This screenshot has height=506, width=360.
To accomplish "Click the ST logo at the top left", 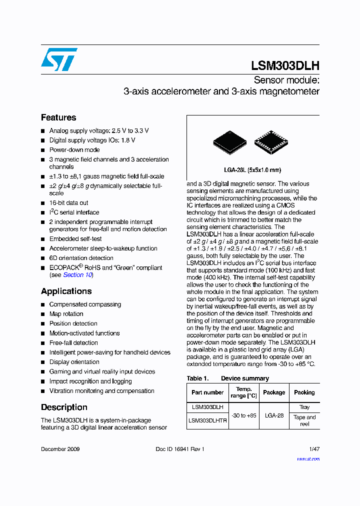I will point(59,59).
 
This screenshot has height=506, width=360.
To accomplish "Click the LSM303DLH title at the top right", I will point(285,65).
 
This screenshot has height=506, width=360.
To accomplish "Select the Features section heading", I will point(58,117).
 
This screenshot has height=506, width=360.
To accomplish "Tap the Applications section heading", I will point(66,291).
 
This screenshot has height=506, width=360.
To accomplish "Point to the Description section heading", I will point(64,407).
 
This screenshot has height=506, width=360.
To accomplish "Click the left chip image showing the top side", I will point(229,141).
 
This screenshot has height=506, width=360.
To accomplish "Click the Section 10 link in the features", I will point(77,275).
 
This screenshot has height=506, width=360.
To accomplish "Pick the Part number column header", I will point(207,392).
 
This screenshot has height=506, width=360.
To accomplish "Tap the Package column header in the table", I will point(274,392).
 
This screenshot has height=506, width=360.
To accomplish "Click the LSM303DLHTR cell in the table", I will point(207,420).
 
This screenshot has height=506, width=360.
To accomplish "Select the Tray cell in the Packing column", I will point(304,407).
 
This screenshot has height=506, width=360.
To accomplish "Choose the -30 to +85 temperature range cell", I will point(244,415).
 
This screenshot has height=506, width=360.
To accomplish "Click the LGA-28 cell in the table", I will point(274,415).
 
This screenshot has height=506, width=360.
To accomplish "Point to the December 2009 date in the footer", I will point(60,449).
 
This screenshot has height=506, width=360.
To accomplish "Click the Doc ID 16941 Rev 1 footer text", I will point(180,449).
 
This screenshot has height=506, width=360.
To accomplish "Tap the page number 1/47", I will point(314,449).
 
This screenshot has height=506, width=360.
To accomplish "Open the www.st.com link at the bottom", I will point(308,459).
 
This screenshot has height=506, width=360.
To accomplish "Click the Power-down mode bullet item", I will point(74,149).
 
